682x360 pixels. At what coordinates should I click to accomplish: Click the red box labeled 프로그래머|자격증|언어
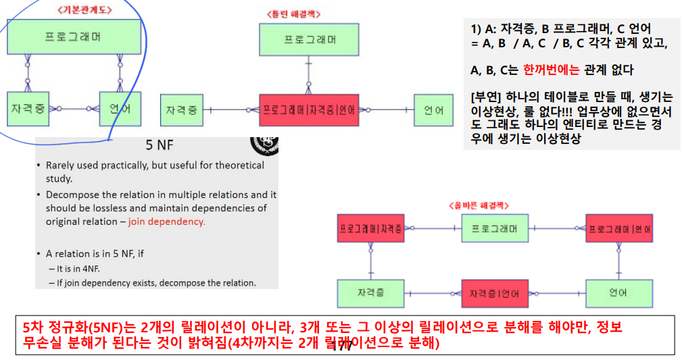tap(308, 109)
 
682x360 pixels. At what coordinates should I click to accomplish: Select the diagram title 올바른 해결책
tap(478, 205)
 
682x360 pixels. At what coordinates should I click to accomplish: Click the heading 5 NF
tap(157, 145)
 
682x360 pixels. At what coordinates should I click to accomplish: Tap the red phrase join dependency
tap(166, 222)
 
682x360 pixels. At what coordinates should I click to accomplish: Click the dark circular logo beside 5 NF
tap(264, 145)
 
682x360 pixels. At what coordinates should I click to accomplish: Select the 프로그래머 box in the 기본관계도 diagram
tap(74, 36)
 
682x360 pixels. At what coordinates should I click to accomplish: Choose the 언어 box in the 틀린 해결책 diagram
tap(434, 109)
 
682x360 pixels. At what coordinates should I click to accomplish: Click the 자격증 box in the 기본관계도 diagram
tap(28, 108)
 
